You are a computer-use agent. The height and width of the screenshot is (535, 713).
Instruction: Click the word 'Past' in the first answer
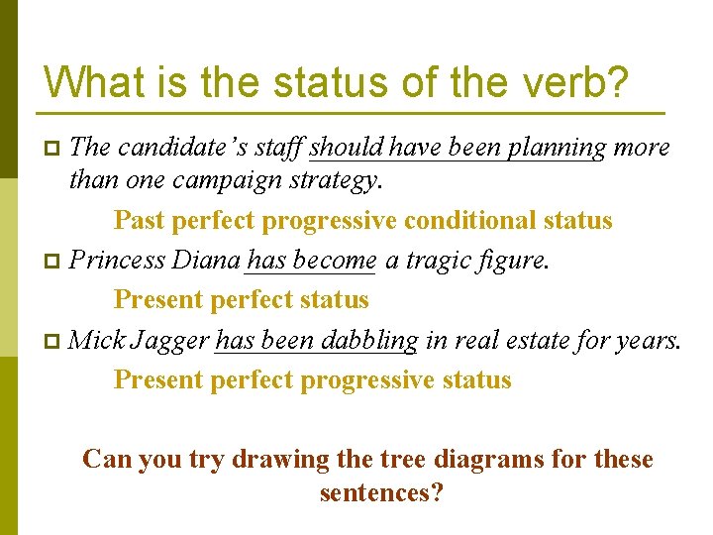pos(139,220)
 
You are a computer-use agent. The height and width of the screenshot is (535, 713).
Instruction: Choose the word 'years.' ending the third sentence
pos(647,341)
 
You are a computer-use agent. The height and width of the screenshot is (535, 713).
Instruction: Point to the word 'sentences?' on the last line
pos(381,492)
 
